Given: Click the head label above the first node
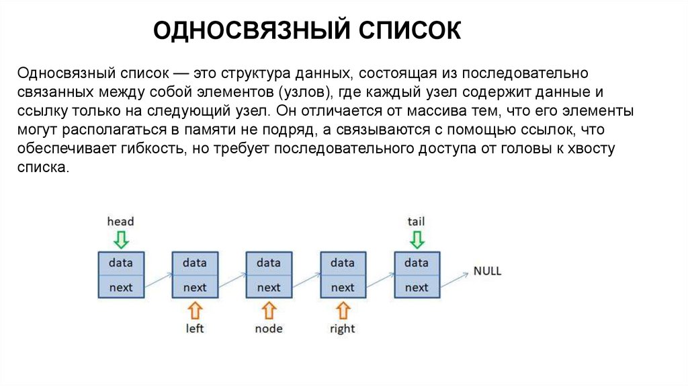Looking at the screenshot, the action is [x=120, y=221].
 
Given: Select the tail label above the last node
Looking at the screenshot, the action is [x=416, y=221].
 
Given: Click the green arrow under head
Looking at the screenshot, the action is [x=121, y=239].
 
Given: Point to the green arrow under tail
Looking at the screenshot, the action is [x=417, y=239].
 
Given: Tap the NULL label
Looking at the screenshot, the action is [x=487, y=271].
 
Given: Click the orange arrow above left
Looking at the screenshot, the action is [x=195, y=310].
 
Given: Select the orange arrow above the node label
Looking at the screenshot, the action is [x=269, y=310].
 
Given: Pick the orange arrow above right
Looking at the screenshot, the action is [x=343, y=310].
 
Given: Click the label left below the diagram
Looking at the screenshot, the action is [x=195, y=329].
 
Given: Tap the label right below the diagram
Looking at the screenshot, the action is [x=343, y=329].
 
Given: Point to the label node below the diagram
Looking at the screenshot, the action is [x=269, y=329].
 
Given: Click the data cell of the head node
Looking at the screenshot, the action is [x=121, y=262].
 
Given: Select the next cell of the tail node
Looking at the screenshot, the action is [x=417, y=287].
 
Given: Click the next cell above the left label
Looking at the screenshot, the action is [x=195, y=287].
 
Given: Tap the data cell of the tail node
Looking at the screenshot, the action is [x=417, y=262].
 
